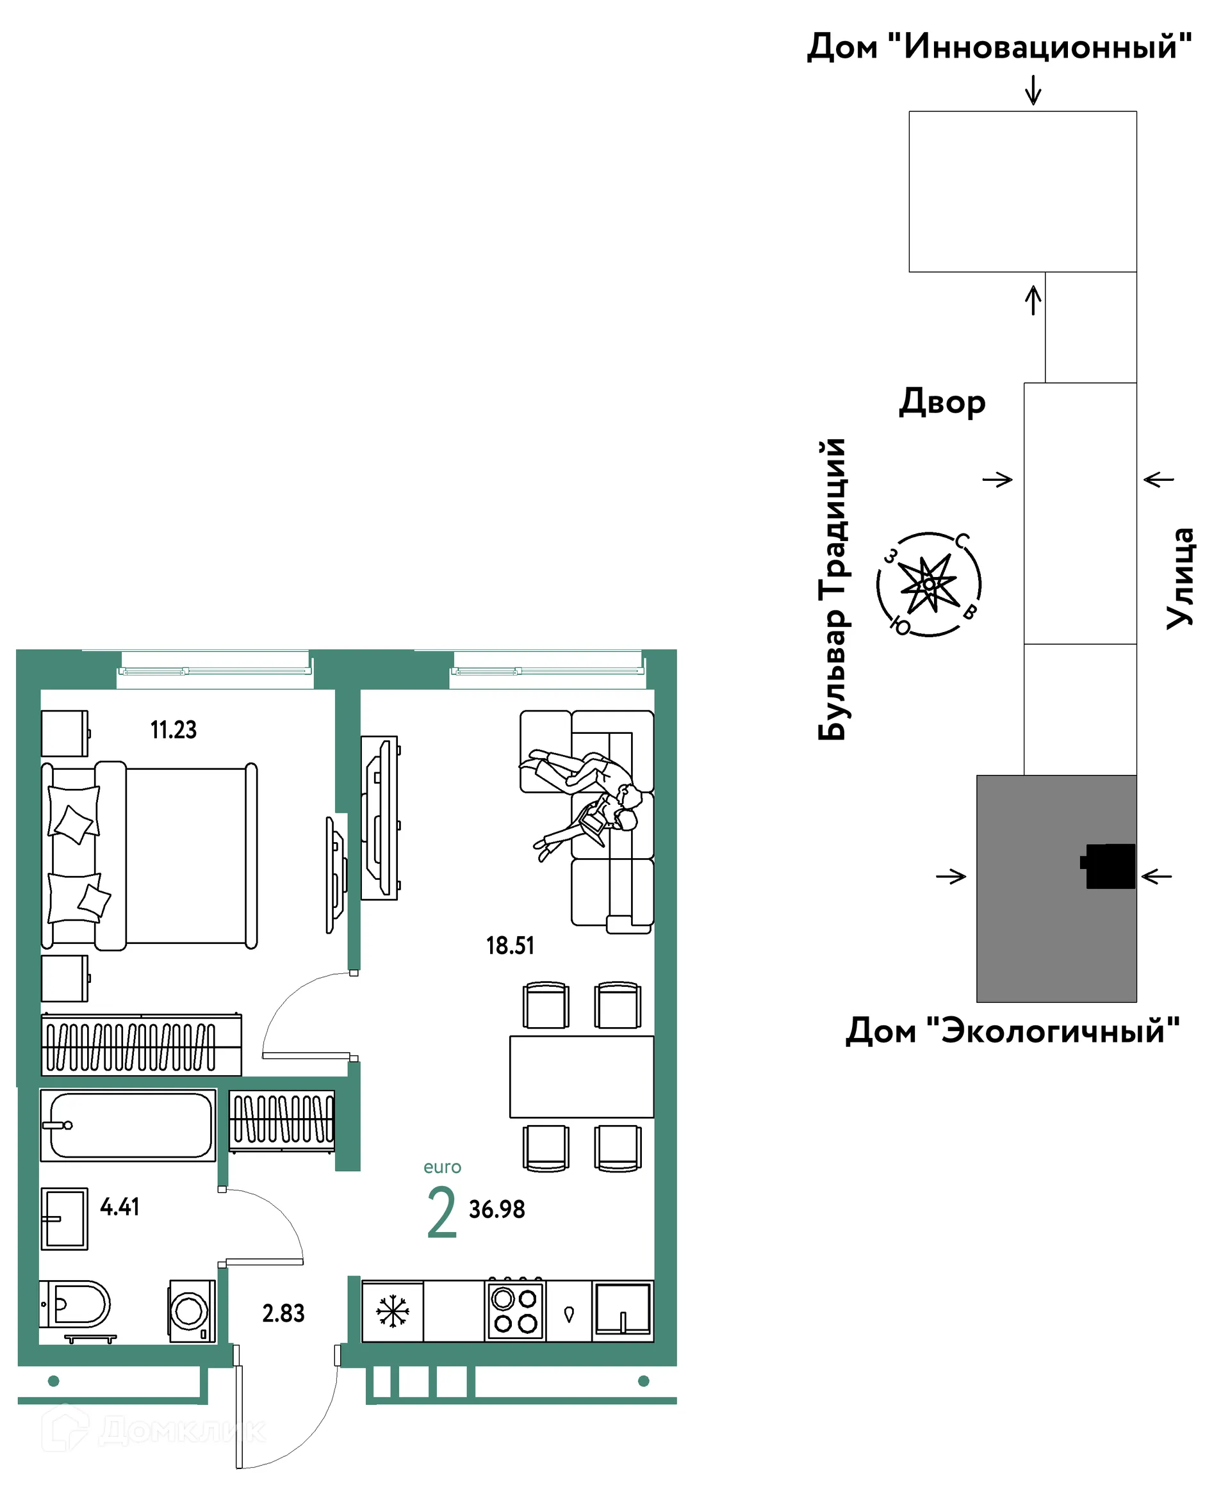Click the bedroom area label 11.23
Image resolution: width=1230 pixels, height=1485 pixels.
pos(174,730)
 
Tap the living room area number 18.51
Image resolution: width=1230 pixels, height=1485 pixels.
pos(510,945)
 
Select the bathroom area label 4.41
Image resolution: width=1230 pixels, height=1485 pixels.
pos(120,1206)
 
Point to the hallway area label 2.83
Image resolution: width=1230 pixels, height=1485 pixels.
pos(284,1313)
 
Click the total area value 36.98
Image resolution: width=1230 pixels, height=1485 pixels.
pos(496,1209)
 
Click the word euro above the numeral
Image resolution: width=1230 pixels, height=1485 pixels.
pos(442,1167)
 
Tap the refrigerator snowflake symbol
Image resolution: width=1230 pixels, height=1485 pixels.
pos(393,1311)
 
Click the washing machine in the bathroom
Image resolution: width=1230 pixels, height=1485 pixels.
pos(192,1311)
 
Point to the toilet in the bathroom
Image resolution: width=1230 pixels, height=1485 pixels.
pos(75,1303)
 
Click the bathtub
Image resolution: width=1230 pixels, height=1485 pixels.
pos(128,1125)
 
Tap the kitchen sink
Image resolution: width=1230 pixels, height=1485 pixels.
pos(623,1310)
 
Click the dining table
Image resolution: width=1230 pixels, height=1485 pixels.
pos(582,1077)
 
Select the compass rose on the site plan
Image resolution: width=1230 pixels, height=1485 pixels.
pos(929,584)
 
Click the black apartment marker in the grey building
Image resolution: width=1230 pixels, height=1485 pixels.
pos(1108,866)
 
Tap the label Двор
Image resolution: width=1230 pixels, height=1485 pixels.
pos(942,402)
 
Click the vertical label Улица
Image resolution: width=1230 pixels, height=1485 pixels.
pos(1179,578)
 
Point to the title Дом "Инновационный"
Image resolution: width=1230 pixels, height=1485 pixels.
pos(999,47)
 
